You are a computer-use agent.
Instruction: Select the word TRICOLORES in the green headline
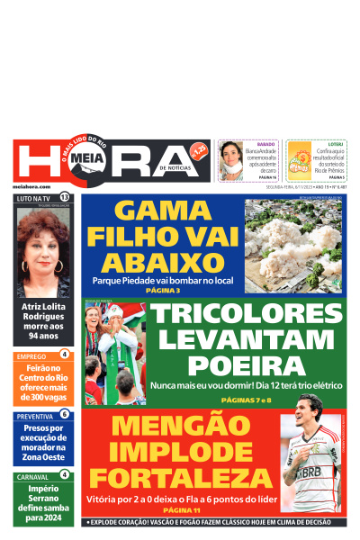247,316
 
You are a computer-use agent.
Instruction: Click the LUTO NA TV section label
33,197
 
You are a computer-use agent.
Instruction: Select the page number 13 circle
64,197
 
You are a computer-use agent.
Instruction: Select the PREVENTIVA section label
34,416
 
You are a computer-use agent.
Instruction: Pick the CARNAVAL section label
33,475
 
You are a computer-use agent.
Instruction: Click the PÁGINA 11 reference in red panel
178,509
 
